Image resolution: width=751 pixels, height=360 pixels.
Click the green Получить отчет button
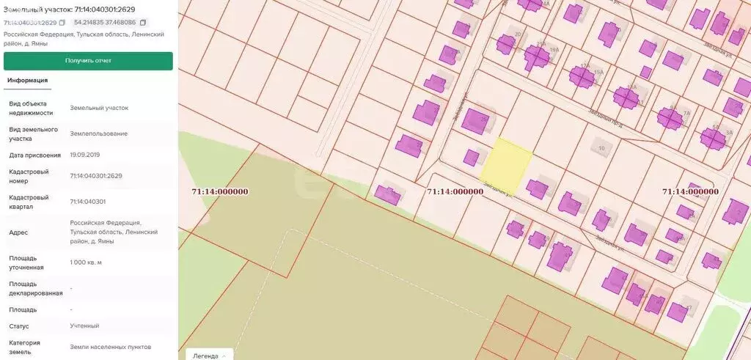click(x=88, y=61)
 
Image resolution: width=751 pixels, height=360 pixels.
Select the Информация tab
click(x=28, y=81)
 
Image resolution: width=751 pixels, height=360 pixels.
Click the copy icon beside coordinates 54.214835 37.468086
click(x=143, y=23)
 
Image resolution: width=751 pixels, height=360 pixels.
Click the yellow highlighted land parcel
click(x=506, y=161)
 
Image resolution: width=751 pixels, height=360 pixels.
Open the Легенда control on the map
click(x=209, y=356)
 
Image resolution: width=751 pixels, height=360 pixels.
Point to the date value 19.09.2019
click(x=85, y=155)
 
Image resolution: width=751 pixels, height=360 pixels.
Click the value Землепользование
click(x=98, y=133)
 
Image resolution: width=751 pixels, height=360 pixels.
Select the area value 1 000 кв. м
click(x=86, y=262)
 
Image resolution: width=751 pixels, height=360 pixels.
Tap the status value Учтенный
click(x=84, y=326)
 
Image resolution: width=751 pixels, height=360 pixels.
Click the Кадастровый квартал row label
click(x=29, y=201)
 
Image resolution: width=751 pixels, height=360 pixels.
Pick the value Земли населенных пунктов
click(x=110, y=346)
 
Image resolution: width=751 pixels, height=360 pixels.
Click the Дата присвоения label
click(x=34, y=155)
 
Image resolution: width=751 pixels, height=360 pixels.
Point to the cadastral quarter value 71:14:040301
click(x=87, y=201)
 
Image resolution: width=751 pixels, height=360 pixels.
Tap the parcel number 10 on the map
click(x=601, y=148)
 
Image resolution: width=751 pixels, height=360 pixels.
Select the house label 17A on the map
click(x=585, y=66)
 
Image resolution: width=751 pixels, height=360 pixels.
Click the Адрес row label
click(x=18, y=232)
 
